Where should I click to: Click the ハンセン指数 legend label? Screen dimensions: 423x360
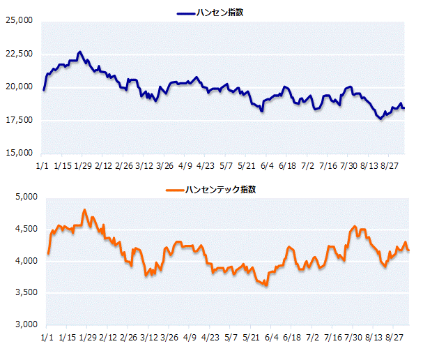(220, 13)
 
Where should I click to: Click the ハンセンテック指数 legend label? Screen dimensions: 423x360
(220, 189)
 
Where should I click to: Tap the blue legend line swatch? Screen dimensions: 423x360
(186, 13)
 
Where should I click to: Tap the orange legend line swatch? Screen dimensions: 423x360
(175, 190)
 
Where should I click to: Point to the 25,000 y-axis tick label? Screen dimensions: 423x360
(19, 20)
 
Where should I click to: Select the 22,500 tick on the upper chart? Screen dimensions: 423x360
(19, 54)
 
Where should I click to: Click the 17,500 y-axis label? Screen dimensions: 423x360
(19, 120)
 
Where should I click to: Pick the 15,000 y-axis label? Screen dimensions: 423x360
(19, 153)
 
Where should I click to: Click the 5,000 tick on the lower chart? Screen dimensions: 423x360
(26, 197)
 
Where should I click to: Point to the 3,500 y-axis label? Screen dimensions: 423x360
(26, 292)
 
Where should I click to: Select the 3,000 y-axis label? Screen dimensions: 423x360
(26, 324)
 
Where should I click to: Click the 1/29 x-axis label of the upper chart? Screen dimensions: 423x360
(83, 166)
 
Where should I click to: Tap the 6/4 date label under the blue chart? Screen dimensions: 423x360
(267, 166)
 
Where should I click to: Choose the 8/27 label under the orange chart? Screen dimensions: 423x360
(394, 337)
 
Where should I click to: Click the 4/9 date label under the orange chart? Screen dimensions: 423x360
(190, 337)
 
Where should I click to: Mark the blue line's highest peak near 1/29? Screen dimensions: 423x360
(79, 52)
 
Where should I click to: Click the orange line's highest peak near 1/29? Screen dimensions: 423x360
(85, 209)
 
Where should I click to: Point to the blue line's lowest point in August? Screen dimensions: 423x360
(381, 119)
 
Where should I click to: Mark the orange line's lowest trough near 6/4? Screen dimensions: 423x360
(266, 285)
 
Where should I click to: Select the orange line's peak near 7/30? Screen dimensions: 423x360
(355, 226)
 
